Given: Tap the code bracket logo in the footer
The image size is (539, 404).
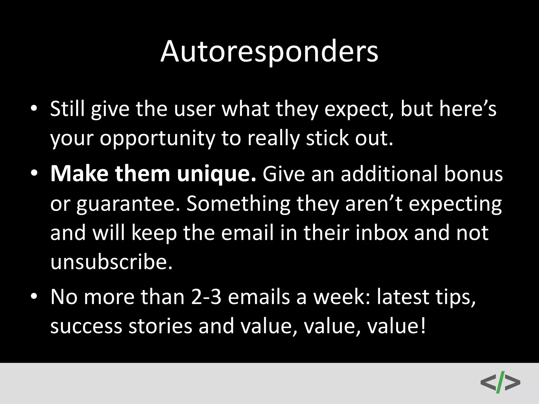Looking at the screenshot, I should (x=500, y=382).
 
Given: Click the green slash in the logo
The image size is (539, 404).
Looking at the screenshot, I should (x=500, y=382).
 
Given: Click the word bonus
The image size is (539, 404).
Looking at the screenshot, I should (x=473, y=174).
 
